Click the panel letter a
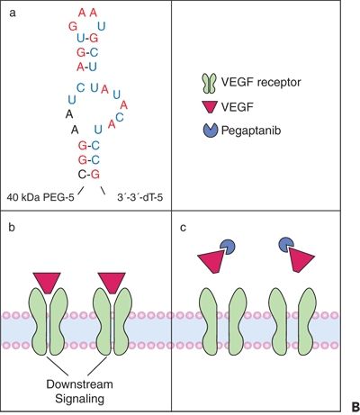coord(13,14)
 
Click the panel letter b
coord(12,228)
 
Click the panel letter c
coord(183,228)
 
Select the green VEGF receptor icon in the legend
coord(210,83)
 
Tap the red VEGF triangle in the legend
coord(210,107)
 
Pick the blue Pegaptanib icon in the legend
coord(210,131)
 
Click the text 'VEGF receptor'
coord(261,82)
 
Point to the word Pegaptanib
coord(251,131)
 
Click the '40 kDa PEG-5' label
coord(40,198)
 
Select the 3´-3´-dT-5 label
coord(140,198)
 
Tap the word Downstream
coord(80,384)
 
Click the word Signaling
coord(80,399)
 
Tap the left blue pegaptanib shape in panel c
coord(228,247)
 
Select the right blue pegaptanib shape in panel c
coord(286,244)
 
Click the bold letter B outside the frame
coord(355,407)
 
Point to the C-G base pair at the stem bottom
coord(88,175)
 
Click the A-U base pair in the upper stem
coord(86,67)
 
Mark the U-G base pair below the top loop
coord(87,38)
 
